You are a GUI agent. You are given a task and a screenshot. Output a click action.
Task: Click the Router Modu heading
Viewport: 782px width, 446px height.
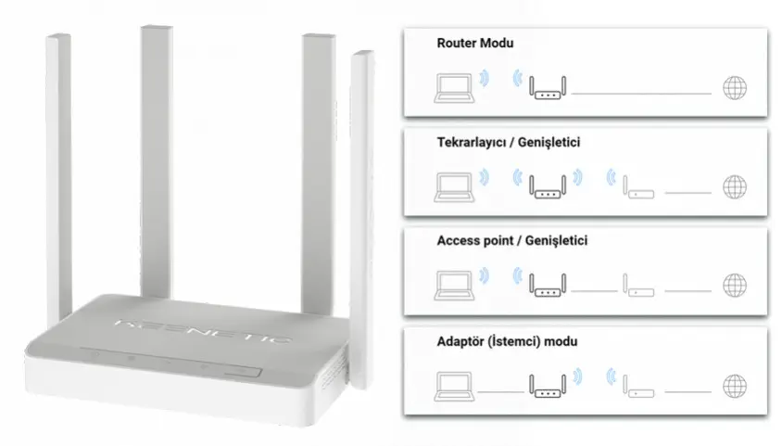point(474,44)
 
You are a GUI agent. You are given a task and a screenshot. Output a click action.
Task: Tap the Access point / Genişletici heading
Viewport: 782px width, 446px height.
point(511,241)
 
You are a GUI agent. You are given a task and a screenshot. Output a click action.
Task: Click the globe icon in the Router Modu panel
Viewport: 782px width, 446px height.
point(734,89)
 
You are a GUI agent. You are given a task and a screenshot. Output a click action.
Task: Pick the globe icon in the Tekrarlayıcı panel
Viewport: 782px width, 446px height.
point(734,185)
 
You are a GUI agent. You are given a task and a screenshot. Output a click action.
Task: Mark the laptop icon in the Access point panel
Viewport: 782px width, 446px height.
point(452,283)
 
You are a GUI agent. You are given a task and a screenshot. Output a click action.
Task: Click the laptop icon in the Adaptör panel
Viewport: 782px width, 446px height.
point(452,381)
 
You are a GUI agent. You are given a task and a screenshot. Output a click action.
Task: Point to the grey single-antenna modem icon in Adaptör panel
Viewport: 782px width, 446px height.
point(638,381)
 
